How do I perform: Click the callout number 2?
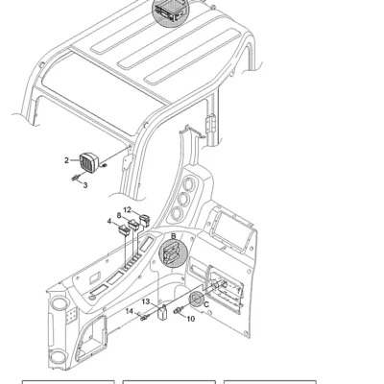66,160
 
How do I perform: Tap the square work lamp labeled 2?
88,162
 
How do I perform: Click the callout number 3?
85,185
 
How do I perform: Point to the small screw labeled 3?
75,178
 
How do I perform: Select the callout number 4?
109,221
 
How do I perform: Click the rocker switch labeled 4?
124,230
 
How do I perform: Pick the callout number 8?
119,215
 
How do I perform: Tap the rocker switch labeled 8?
133,225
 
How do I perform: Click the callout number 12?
128,210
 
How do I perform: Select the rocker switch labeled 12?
145,220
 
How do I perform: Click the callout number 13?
146,301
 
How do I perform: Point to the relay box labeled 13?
162,313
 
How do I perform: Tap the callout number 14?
130,311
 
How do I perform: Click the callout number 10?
191,319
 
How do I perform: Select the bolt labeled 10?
179,310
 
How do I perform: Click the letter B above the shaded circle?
174,236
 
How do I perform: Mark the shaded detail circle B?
173,253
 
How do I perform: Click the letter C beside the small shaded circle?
206,304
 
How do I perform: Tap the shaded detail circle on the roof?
171,11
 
